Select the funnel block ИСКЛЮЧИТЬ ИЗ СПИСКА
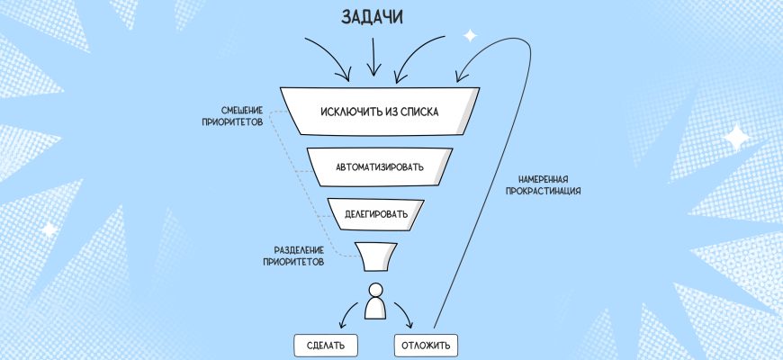click(x=378, y=112)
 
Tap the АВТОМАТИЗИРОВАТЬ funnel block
click(x=378, y=166)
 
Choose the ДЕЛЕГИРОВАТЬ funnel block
click(x=376, y=214)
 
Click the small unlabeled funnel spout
click(x=377, y=256)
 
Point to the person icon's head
click(x=376, y=289)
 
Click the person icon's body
click(x=376, y=309)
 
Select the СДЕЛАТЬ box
click(x=326, y=345)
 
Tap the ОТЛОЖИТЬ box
click(x=427, y=345)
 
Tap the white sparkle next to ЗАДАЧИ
click(x=469, y=36)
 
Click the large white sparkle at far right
click(x=738, y=138)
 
